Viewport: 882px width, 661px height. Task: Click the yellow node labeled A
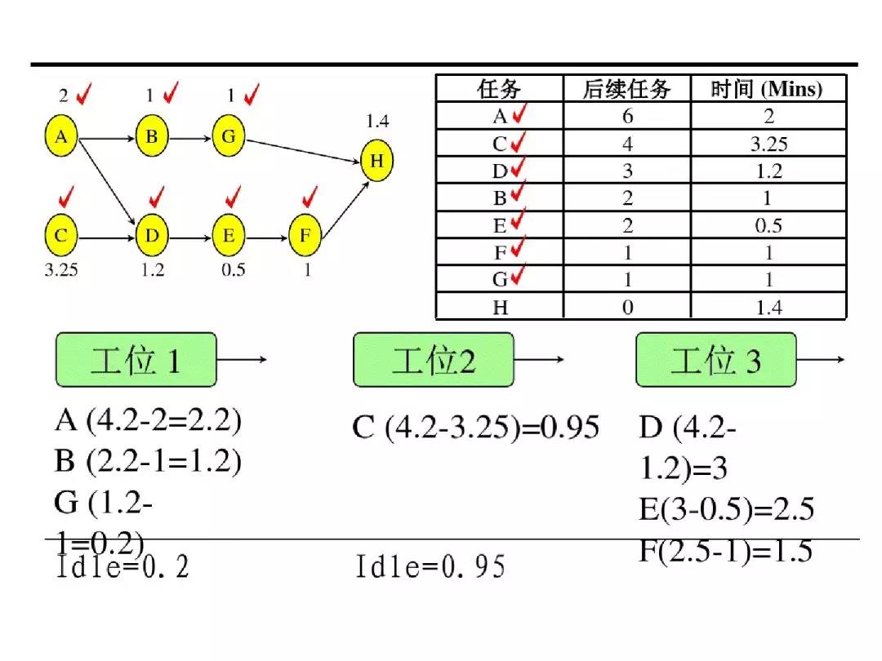[61, 136]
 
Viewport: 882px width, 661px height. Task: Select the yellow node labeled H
[376, 161]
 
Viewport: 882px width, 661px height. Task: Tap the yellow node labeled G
[229, 136]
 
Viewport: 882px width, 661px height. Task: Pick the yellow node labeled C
[61, 235]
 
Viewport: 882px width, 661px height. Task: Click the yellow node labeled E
[229, 235]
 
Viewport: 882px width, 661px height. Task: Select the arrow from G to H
[303, 151]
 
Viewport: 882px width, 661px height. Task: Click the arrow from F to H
[345, 209]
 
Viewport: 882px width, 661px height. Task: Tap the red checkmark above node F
[310, 196]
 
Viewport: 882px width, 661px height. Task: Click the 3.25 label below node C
[61, 270]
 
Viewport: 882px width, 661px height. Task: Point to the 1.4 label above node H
[376, 121]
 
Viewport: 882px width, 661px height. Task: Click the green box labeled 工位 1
[136, 360]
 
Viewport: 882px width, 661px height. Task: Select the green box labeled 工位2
[433, 360]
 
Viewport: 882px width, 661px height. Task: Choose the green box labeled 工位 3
[716, 360]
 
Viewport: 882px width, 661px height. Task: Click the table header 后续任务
[626, 89]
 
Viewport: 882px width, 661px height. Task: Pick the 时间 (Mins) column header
[767, 89]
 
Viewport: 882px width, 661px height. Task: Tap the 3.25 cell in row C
[768, 144]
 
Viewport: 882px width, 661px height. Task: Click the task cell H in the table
[500, 308]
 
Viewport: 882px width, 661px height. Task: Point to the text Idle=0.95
[430, 566]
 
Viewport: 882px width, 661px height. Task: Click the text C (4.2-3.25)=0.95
[475, 427]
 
